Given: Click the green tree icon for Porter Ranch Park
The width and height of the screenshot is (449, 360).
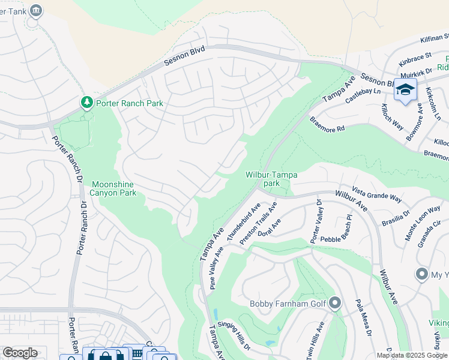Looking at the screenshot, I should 87,103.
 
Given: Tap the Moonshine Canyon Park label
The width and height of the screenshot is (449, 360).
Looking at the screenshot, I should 113,188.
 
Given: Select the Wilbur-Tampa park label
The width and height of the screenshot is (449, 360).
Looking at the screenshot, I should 271,179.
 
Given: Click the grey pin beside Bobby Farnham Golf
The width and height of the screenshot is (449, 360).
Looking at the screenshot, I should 335,304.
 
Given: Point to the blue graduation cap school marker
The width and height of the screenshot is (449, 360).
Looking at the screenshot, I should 405,90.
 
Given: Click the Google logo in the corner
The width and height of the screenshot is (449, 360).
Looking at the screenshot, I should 20,353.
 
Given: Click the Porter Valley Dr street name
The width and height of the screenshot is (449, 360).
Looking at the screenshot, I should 316,222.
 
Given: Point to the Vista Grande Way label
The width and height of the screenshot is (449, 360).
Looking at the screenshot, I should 377,194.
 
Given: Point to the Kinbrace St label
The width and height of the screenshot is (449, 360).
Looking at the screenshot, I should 415,59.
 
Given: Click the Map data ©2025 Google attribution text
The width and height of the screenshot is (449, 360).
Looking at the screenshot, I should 412,355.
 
